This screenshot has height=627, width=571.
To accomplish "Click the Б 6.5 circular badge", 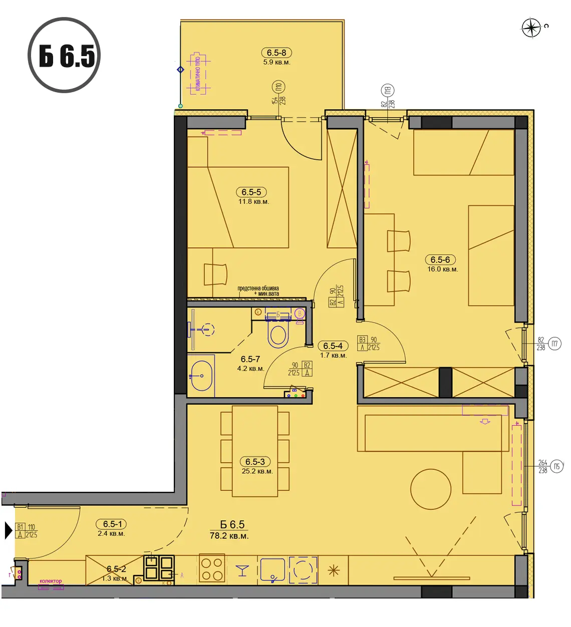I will point(64,55).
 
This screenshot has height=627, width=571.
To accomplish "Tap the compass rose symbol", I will point(531,28).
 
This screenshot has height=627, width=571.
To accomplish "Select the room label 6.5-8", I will point(276,53).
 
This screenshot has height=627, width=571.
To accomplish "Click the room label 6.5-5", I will point(251,192).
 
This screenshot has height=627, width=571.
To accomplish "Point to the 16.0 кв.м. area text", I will point(442,269).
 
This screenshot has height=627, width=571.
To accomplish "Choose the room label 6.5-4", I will point(333,346).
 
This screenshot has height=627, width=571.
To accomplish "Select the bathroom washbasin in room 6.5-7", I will point(201,376).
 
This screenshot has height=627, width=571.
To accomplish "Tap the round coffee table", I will point(431,489).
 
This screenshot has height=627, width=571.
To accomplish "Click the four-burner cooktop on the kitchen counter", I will point(211,569).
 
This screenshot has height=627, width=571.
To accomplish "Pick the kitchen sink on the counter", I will point(272,570).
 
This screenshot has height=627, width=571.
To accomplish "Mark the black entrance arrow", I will point(8,530).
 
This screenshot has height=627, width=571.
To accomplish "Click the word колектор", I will point(51,581).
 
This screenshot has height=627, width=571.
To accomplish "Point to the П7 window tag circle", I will point(554,344).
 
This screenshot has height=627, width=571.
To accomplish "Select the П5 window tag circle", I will point(556,466).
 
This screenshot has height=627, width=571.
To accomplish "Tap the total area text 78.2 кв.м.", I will point(229,536).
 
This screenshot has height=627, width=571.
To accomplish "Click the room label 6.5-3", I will point(255,462).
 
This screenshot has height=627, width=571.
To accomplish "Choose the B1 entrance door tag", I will point(21,527).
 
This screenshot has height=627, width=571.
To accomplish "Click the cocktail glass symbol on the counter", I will point(242,570).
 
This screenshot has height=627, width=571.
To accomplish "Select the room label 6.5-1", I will point(112,524).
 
